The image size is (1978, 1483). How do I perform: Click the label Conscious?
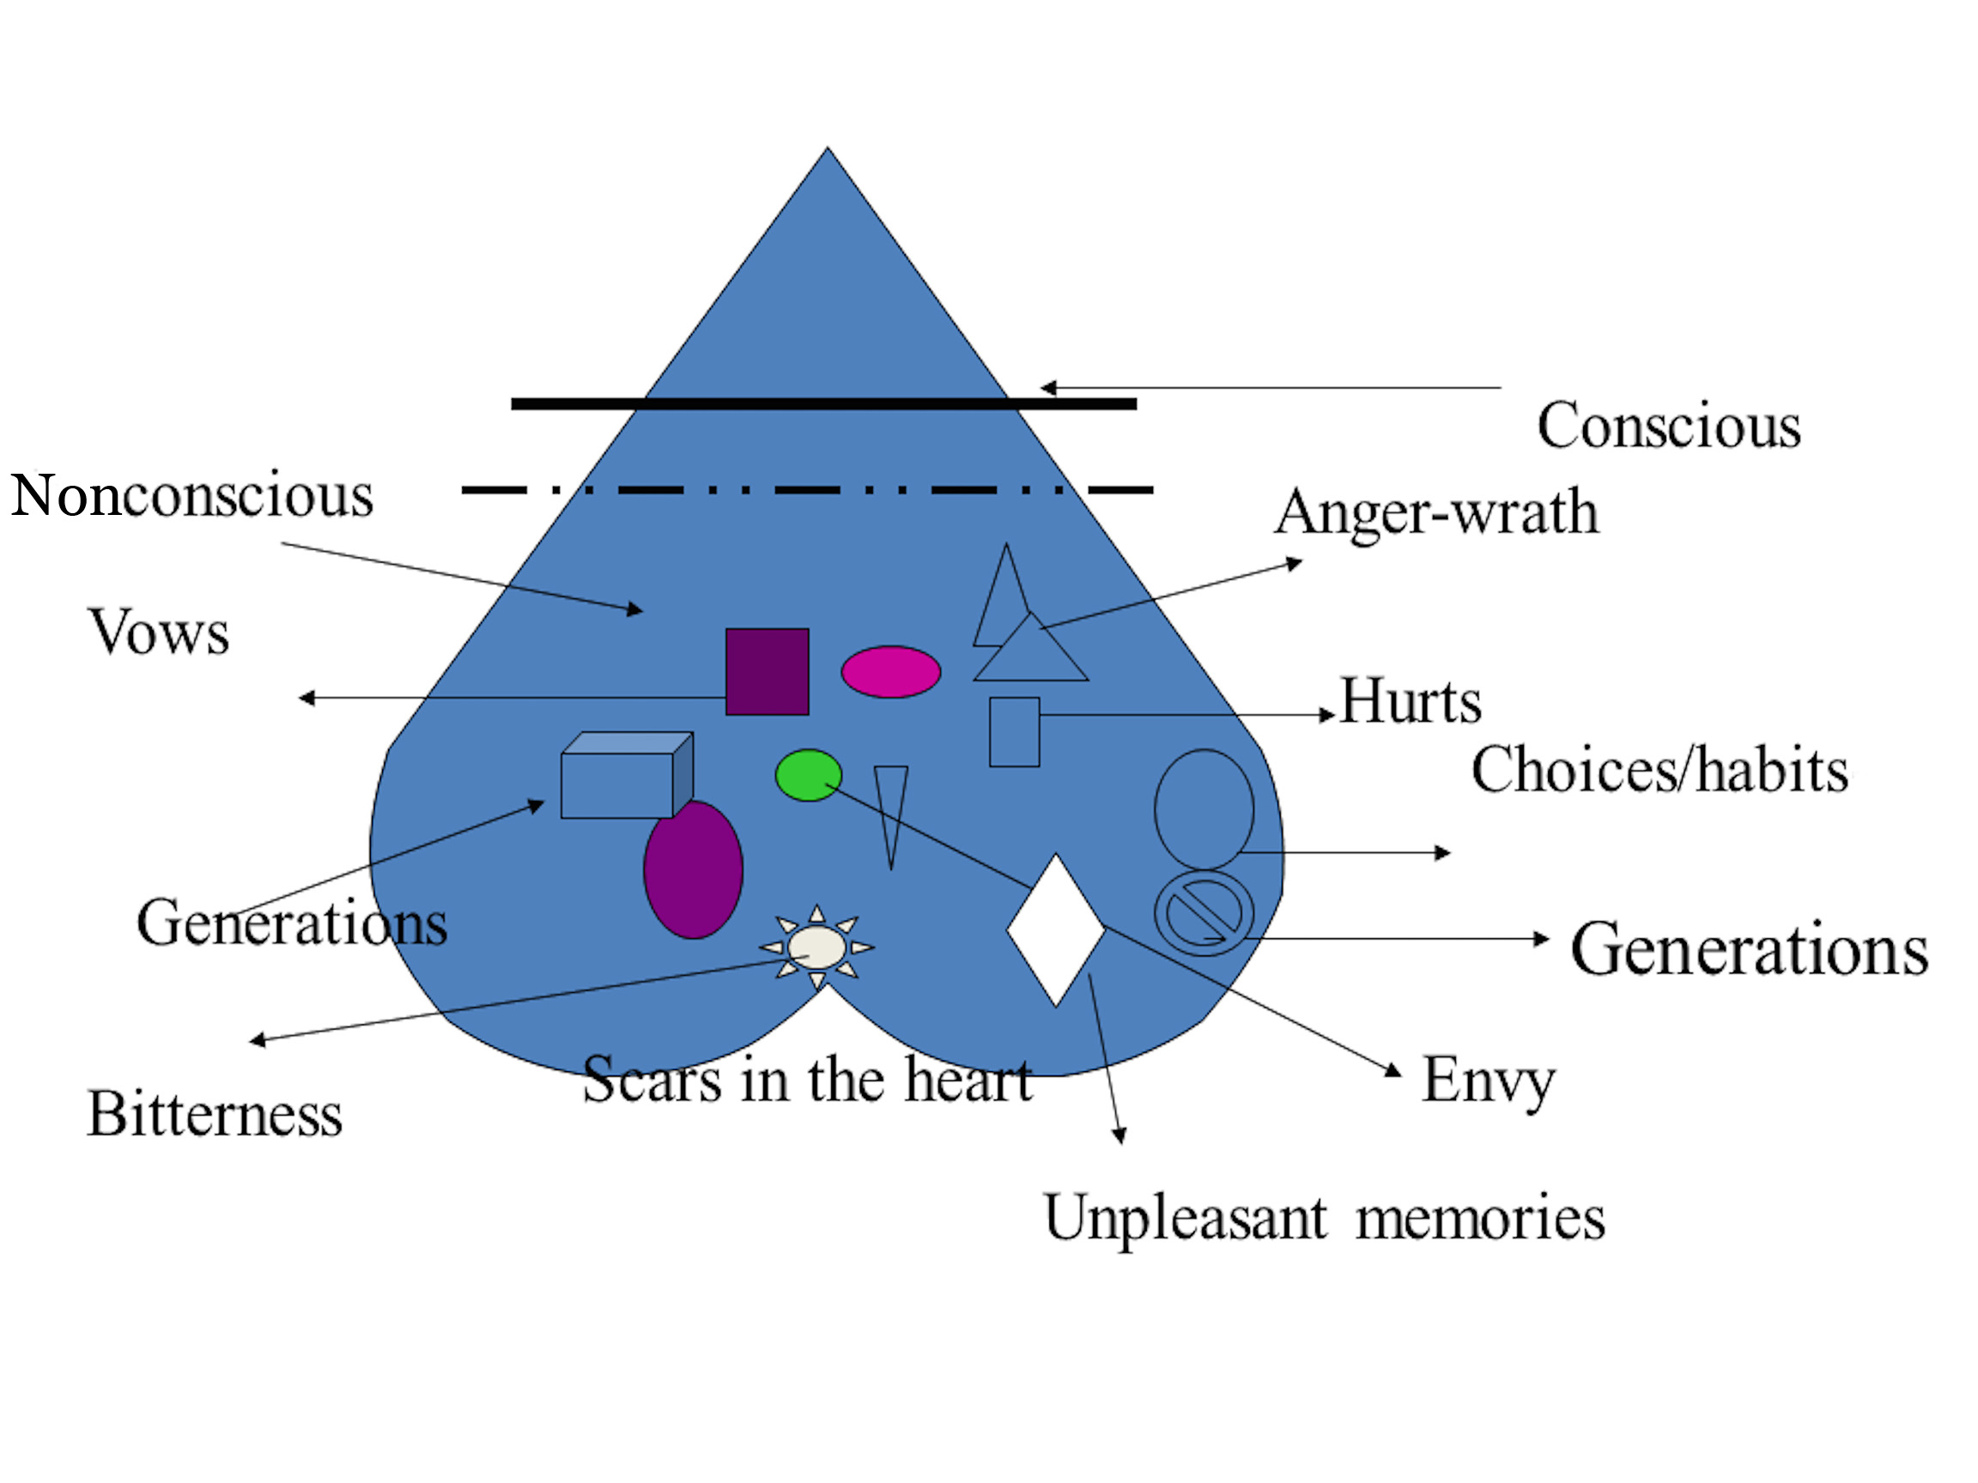(1669, 426)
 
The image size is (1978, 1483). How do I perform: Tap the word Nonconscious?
(191, 495)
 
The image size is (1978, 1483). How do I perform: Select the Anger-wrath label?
(1436, 513)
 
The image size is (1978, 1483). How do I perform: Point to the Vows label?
(158, 633)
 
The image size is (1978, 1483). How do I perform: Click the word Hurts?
(1411, 700)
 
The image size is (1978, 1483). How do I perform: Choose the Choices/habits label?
(1659, 771)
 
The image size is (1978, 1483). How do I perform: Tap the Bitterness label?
(215, 1115)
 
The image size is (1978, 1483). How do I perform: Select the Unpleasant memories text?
(1325, 1218)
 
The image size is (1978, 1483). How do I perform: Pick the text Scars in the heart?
(808, 1080)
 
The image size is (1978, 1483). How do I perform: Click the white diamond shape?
(1055, 929)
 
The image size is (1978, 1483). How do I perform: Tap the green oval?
(809, 775)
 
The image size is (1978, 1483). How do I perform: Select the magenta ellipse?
(890, 671)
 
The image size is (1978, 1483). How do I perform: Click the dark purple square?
(768, 671)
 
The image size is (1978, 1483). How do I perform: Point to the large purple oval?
(693, 869)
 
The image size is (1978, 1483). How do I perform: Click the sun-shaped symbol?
(816, 947)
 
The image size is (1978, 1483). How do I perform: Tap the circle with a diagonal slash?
(1204, 914)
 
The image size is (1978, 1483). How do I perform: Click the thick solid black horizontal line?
(822, 404)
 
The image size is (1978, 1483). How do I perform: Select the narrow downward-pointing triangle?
(890, 804)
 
